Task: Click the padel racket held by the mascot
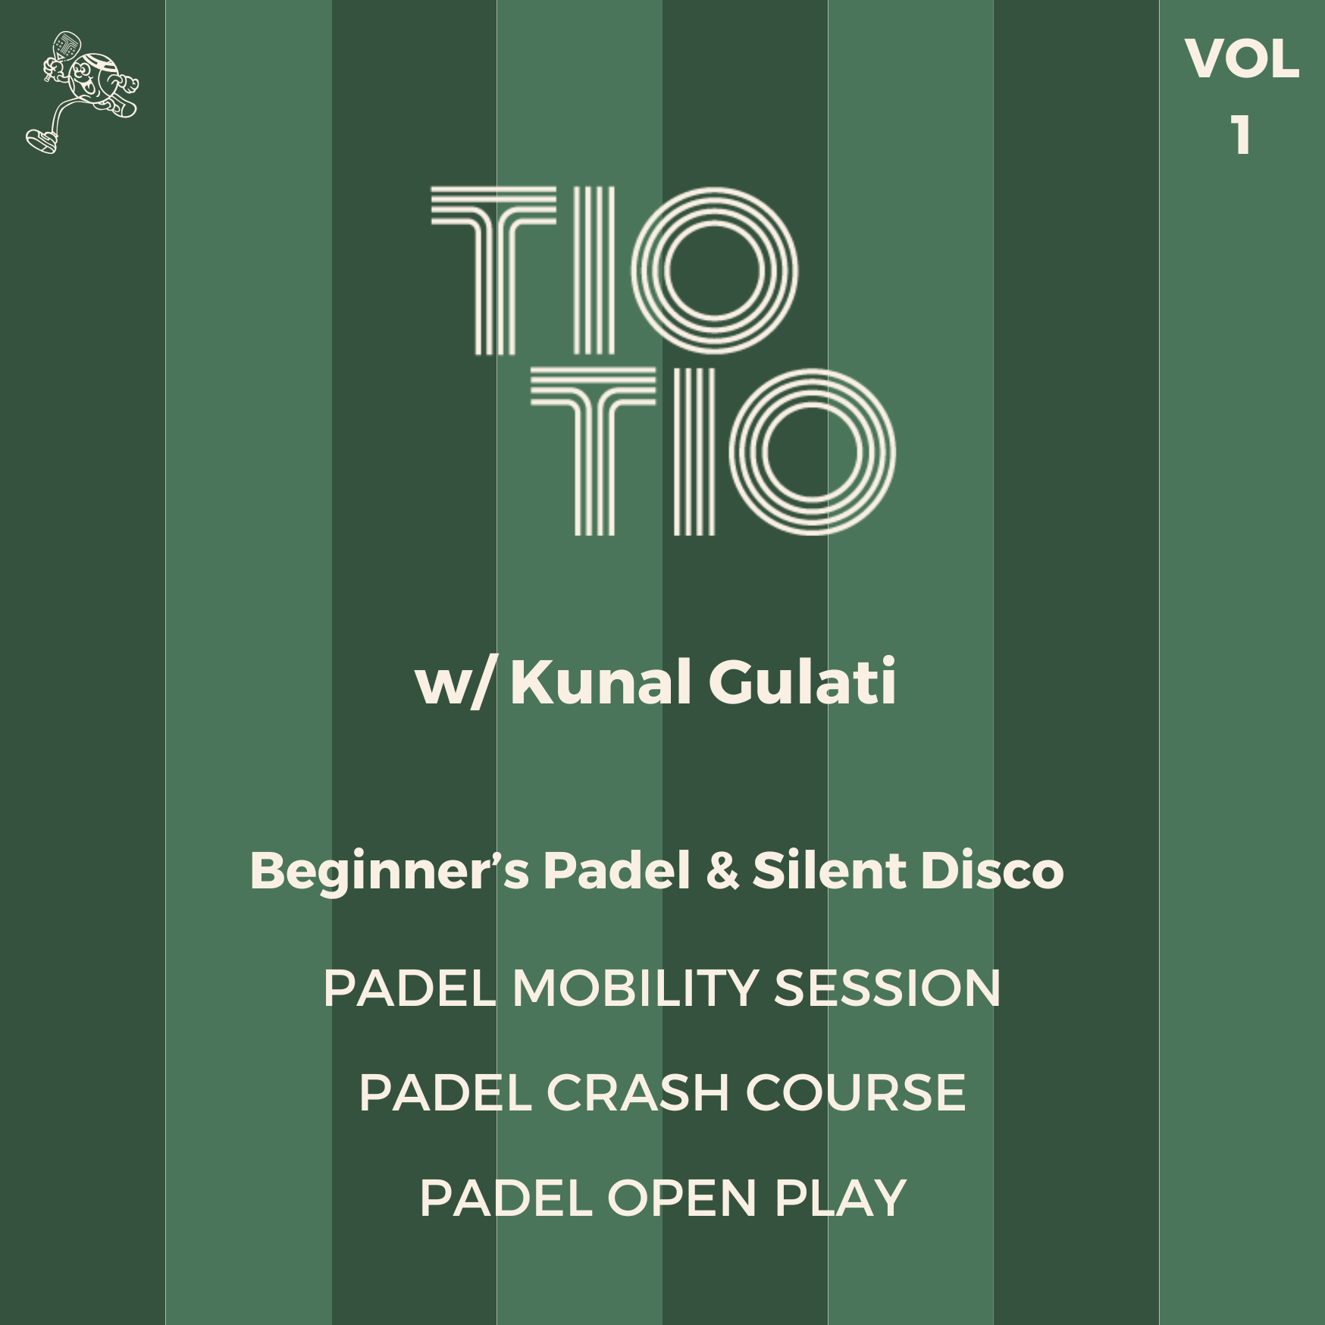click(64, 48)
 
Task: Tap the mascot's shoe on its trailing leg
click(42, 140)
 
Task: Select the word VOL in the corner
click(1242, 59)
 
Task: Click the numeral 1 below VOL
click(1241, 136)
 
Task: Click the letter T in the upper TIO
click(493, 271)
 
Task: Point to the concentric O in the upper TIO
click(714, 271)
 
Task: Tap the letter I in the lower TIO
click(694, 452)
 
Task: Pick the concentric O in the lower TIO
click(812, 452)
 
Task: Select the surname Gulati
click(803, 681)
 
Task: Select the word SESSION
click(887, 988)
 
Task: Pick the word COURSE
click(856, 1093)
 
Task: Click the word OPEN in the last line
click(681, 1198)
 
